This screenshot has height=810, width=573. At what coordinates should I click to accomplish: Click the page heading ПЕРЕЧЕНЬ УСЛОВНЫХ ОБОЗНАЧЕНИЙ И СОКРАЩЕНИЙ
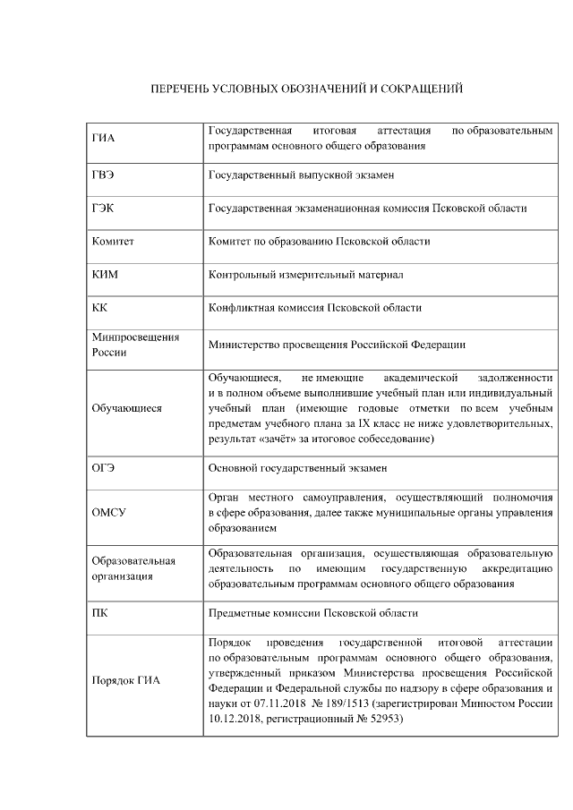pos(305,90)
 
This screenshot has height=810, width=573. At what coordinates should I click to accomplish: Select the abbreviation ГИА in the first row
pos(104,138)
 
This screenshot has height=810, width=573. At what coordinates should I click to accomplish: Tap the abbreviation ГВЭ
pos(103,175)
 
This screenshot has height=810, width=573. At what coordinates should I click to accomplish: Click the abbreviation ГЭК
pos(103,209)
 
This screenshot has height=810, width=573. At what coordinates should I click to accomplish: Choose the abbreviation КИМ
pos(105,275)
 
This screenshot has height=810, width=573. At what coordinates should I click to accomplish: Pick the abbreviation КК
pos(99,308)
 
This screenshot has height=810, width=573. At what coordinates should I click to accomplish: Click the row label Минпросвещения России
pos(135,345)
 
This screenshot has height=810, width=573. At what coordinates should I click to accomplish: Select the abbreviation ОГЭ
pos(103,468)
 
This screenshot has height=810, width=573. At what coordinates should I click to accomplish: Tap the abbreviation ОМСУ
pos(108,513)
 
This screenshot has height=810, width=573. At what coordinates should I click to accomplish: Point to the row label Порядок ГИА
pos(126,680)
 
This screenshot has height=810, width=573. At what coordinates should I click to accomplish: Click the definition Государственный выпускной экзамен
pos(301,175)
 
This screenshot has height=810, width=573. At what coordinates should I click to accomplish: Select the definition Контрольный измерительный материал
pos(305,275)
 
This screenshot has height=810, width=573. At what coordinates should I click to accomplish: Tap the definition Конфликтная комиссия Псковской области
pos(314,308)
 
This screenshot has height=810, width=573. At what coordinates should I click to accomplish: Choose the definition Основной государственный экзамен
pos(297,468)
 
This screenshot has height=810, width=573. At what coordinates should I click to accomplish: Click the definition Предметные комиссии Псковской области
pos(312,613)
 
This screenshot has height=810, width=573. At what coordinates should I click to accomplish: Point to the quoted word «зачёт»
pos(267,439)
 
